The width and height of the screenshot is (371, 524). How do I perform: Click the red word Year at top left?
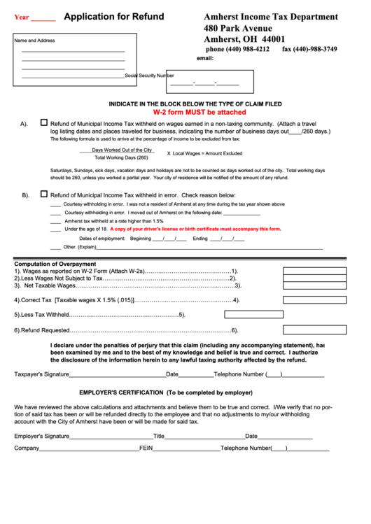22,17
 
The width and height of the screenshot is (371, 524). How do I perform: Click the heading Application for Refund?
114,17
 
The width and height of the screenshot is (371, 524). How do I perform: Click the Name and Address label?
35,41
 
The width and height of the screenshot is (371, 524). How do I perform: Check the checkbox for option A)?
44,122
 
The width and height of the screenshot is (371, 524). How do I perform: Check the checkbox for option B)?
44,194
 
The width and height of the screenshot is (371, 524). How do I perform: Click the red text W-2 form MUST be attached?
199,112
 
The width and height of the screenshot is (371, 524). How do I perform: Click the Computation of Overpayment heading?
56,264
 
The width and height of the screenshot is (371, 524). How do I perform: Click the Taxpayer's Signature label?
41,374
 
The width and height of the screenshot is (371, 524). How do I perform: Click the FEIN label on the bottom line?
146,448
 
